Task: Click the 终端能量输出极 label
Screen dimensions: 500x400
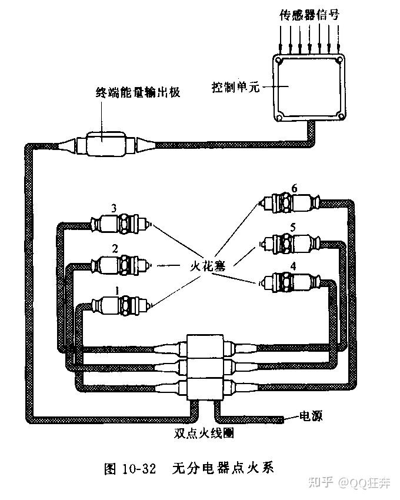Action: click(137, 92)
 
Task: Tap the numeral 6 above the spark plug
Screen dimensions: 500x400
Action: click(294, 188)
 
